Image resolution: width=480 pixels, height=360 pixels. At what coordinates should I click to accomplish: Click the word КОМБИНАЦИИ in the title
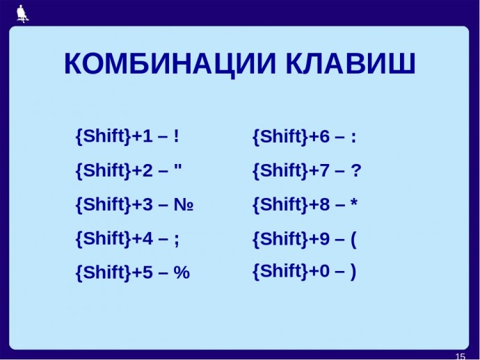(x=170, y=64)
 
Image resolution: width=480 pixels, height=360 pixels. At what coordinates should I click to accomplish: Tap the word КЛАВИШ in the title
(x=351, y=63)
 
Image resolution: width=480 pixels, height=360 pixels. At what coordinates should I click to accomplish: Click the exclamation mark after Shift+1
(x=176, y=136)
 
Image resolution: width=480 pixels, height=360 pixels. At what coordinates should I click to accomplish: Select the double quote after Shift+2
(x=177, y=167)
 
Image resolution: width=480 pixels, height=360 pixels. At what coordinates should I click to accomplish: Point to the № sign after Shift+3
(x=184, y=204)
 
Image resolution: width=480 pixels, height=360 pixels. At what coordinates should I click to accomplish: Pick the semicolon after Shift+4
(x=176, y=240)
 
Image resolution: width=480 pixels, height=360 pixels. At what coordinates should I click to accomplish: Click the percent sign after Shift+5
(x=182, y=272)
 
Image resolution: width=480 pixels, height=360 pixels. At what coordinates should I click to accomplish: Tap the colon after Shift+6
(x=353, y=138)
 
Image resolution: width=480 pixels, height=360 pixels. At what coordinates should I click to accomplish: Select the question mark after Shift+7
(x=356, y=170)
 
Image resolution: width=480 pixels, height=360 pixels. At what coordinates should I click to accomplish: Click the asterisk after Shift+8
(x=354, y=202)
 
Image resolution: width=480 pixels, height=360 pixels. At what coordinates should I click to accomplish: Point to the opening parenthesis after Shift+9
(x=353, y=240)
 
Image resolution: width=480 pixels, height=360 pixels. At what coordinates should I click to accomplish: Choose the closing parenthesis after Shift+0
(x=353, y=271)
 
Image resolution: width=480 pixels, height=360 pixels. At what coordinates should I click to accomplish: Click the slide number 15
(x=460, y=357)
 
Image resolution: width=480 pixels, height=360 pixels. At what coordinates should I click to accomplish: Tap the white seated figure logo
(x=22, y=14)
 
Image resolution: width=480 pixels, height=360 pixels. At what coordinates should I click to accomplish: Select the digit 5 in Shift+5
(x=147, y=272)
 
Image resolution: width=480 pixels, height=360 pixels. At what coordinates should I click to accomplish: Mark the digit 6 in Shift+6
(x=324, y=136)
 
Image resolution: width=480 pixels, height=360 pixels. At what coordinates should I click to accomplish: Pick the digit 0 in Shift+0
(x=324, y=271)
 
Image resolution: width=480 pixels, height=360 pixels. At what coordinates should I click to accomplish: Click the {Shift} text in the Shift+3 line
(x=104, y=204)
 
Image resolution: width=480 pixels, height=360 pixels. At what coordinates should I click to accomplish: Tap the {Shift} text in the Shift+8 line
(x=280, y=204)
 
